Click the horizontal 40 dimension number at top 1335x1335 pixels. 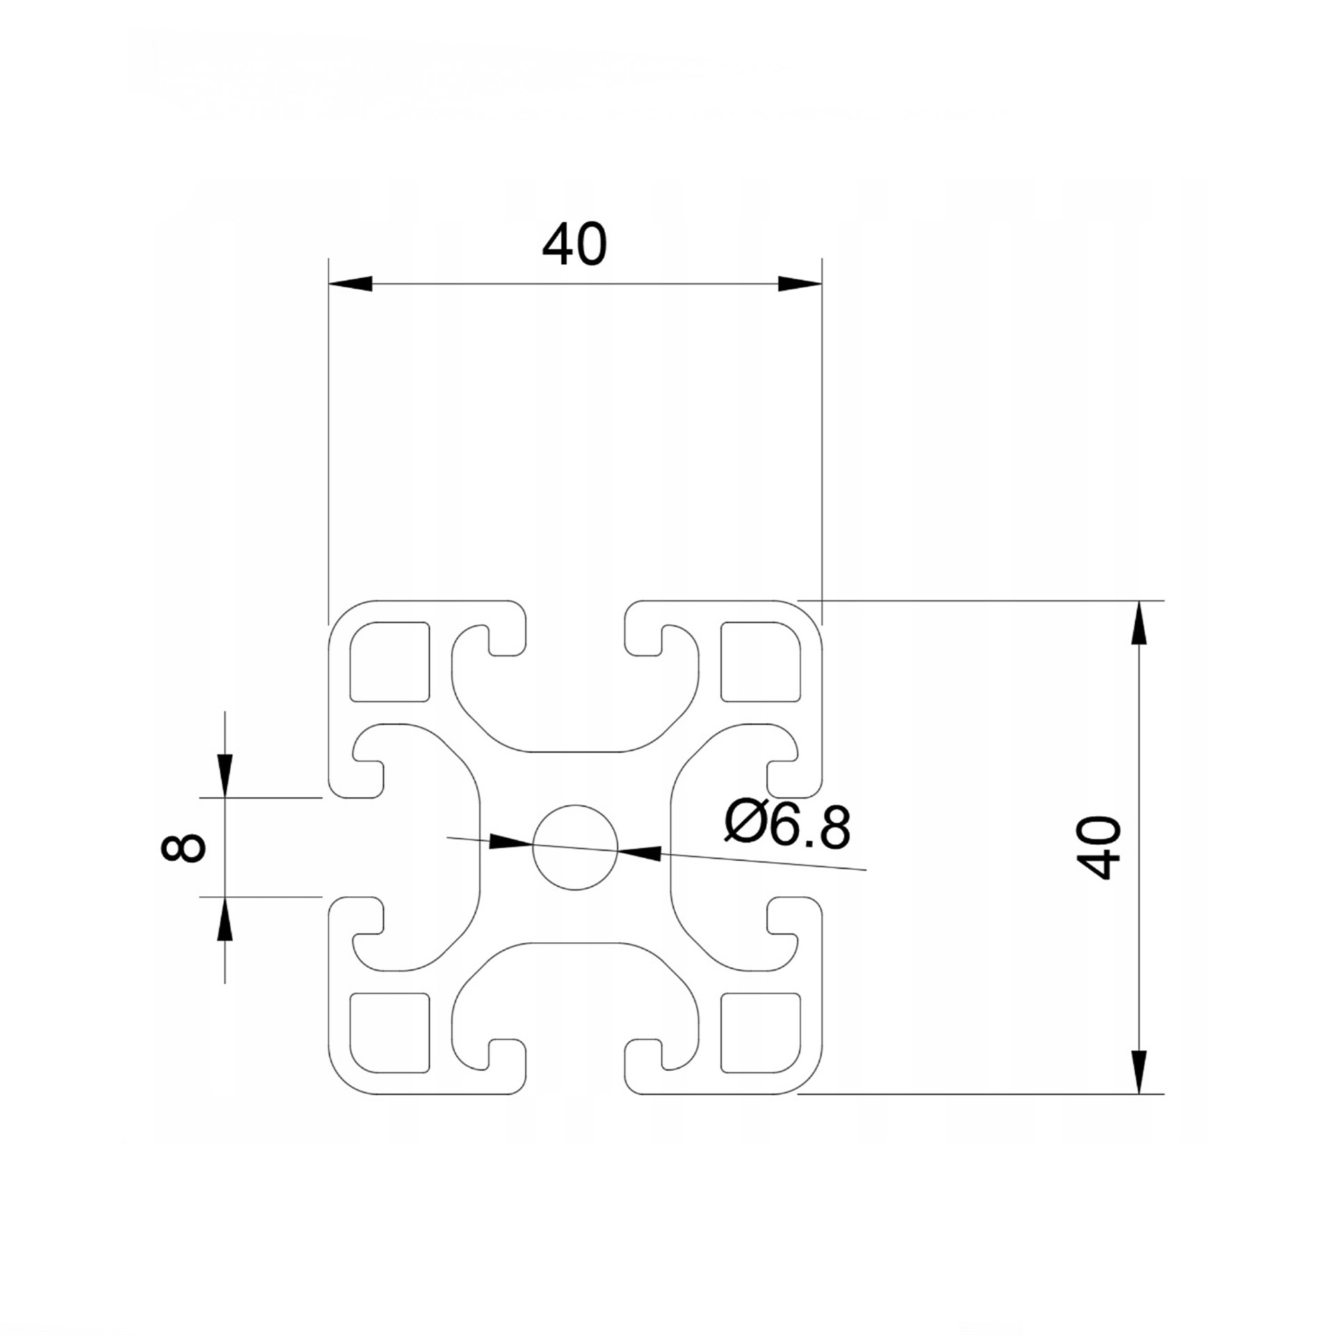tap(574, 245)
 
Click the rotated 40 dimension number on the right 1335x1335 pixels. tap(1099, 848)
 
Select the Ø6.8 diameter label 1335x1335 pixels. tap(787, 825)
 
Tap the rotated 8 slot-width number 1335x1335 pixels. tap(183, 848)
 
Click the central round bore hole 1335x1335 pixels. tap(575, 848)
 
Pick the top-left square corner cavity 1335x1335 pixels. tap(389, 661)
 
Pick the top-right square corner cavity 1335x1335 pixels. tap(761, 661)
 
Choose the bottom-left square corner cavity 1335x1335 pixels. tap(389, 1033)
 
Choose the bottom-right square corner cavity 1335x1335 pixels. tap(761, 1033)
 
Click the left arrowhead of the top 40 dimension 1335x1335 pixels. tap(350, 284)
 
